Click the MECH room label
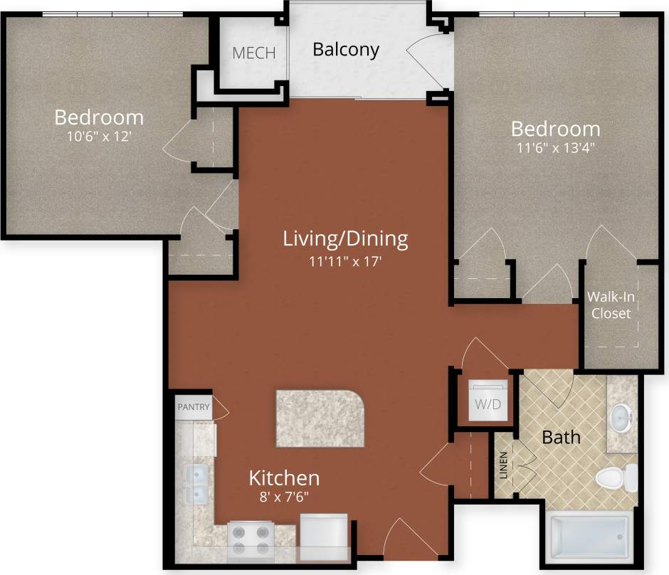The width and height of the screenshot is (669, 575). click(254, 53)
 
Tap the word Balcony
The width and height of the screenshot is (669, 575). click(346, 50)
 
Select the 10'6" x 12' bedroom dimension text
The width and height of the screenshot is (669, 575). click(99, 137)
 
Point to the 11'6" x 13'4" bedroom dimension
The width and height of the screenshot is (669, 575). click(555, 149)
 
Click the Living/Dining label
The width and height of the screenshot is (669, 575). click(346, 238)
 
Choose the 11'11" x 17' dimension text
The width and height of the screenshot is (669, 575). click(346, 260)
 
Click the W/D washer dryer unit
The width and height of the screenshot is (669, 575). click(488, 403)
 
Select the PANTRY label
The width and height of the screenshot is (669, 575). click(194, 407)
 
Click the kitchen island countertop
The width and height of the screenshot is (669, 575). click(320, 418)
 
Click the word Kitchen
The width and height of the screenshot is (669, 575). click(284, 478)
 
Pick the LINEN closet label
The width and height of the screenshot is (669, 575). click(504, 465)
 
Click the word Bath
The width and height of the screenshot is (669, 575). click(562, 436)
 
